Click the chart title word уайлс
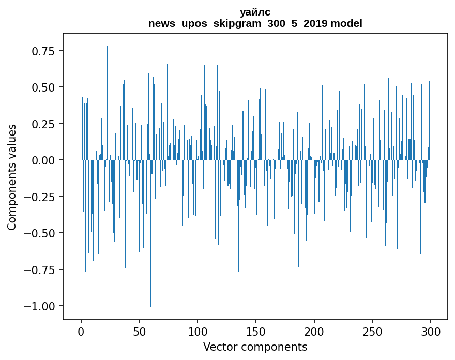tap(255, 12)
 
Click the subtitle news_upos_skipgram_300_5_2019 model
tap(255, 23)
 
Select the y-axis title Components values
tap(11, 177)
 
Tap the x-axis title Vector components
tap(255, 347)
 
